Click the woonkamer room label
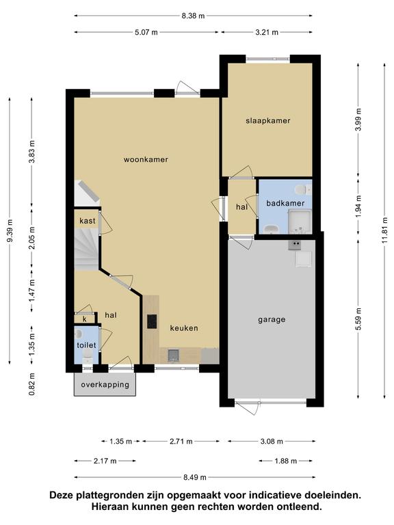point(146,159)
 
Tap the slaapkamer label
point(268,121)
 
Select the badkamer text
point(285,203)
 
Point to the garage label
point(272,320)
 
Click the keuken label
point(184,328)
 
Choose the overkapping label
point(105,385)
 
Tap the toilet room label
point(86,345)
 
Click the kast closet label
point(88,221)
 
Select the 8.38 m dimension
point(193,16)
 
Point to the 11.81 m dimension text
point(385,231)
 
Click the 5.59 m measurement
point(358,319)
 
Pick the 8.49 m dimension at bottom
point(195,477)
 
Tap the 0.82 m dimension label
point(32,384)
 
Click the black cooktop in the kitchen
point(152,321)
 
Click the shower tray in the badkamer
point(300,221)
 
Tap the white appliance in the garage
point(304,259)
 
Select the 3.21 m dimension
point(267,33)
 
